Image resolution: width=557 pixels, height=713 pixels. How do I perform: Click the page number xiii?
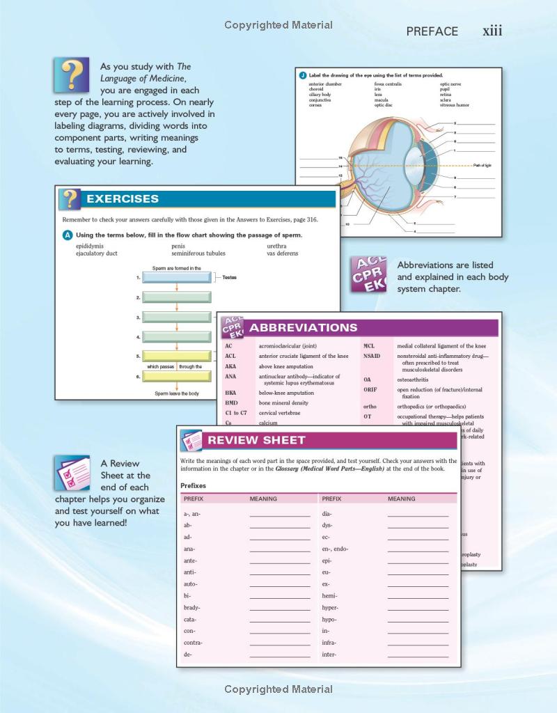pyautogui.click(x=492, y=31)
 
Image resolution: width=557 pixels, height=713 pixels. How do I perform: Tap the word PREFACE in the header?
pyautogui.click(x=432, y=31)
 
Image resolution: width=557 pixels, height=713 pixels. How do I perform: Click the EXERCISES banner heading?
pyautogui.click(x=123, y=199)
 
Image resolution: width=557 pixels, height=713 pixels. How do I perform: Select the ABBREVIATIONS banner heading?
pyautogui.click(x=303, y=328)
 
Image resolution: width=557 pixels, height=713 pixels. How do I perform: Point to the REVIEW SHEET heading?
pyautogui.click(x=256, y=440)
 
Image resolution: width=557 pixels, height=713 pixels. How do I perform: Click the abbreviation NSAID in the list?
pyautogui.click(x=372, y=356)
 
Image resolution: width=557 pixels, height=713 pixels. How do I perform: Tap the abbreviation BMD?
pyautogui.click(x=232, y=402)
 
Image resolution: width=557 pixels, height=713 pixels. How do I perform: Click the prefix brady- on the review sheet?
pyautogui.click(x=191, y=608)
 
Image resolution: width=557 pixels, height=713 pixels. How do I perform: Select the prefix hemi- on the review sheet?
pyautogui.click(x=330, y=596)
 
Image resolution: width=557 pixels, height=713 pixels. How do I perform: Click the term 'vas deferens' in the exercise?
pyautogui.click(x=282, y=253)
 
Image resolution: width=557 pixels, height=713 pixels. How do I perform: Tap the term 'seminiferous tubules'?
pyautogui.click(x=198, y=253)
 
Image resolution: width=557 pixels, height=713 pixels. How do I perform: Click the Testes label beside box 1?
pyautogui.click(x=229, y=277)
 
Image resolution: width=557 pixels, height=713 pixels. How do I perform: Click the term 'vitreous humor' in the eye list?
pyautogui.click(x=454, y=105)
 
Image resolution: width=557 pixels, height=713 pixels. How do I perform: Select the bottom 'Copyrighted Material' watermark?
pyautogui.click(x=278, y=689)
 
